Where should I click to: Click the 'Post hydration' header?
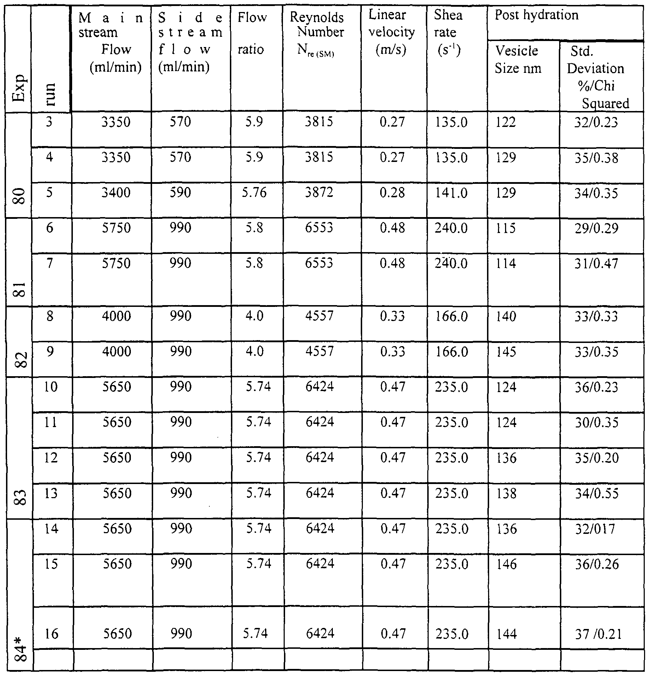pos(536,15)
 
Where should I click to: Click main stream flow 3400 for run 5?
pos(116,193)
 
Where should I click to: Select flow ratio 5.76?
pos(254,193)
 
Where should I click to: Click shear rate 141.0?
pos(451,193)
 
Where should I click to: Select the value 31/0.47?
pos(596,263)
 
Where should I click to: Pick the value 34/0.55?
pos(596,493)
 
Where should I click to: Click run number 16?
pos(52,634)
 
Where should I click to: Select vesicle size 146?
pos(506,564)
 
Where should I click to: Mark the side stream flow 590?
pos(180,193)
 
